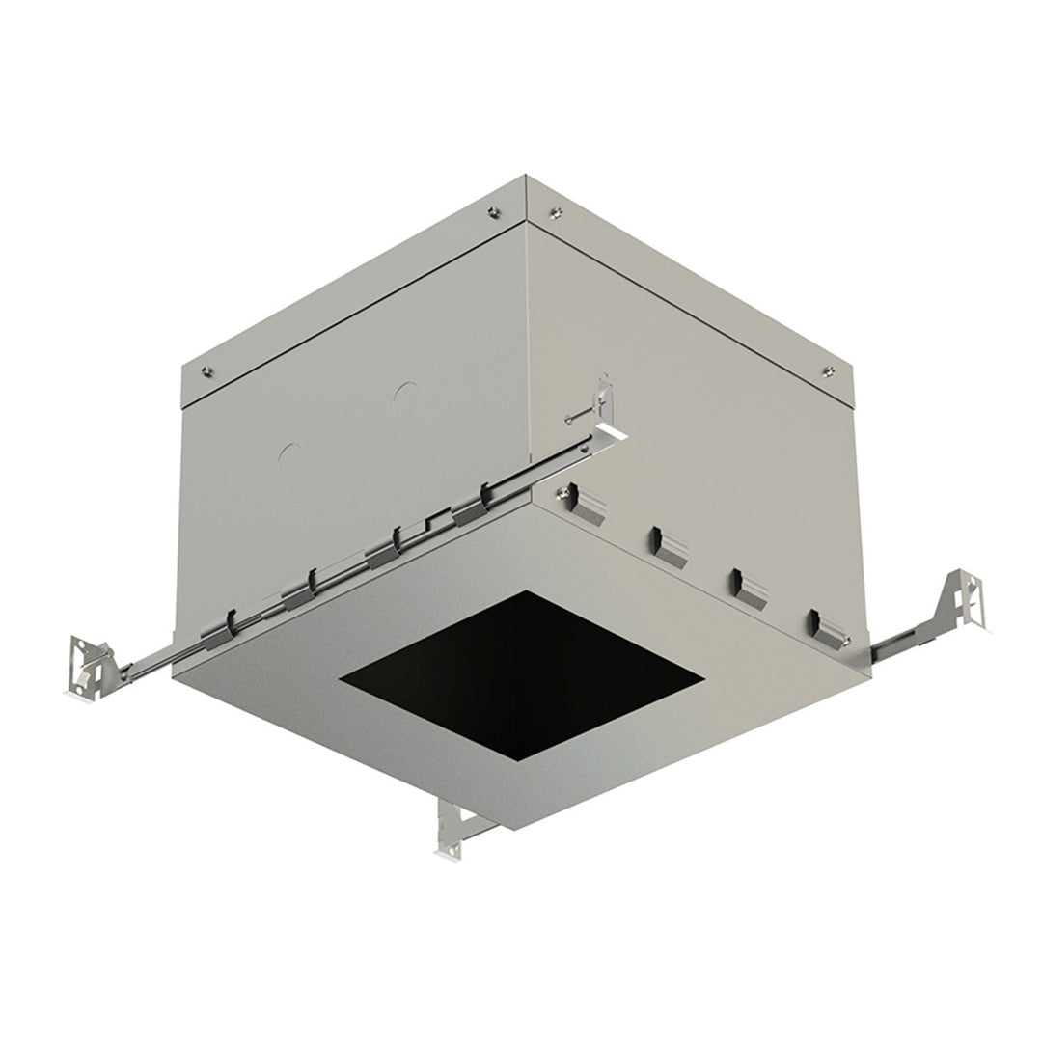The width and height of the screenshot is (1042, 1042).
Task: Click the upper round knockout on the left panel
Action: click(x=402, y=391)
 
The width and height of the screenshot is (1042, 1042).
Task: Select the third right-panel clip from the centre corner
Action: click(x=749, y=585)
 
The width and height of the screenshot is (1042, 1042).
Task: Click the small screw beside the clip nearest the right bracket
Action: click(x=846, y=638)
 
